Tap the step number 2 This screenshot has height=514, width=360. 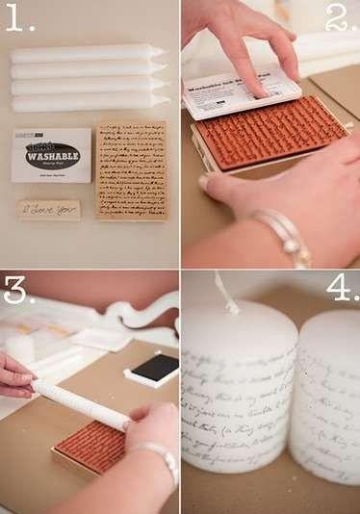click(x=340, y=17)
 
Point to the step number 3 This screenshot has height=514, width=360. click(x=18, y=289)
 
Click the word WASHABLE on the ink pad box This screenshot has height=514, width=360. click(x=52, y=152)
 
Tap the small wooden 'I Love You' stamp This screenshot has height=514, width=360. click(x=48, y=209)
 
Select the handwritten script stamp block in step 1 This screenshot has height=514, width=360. click(x=132, y=169)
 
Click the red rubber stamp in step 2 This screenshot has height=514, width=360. click(x=271, y=132)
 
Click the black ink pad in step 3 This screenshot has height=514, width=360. click(x=156, y=368)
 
